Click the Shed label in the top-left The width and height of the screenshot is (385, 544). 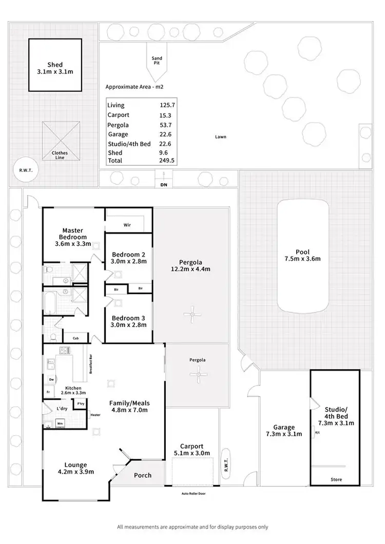point(55,65)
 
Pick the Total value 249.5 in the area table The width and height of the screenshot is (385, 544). point(167,161)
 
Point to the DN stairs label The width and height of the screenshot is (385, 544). point(164,184)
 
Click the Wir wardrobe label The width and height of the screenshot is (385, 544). point(128,224)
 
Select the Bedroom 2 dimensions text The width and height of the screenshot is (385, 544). point(128,261)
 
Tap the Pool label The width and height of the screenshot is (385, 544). point(302,251)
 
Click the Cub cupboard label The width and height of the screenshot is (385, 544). point(75,338)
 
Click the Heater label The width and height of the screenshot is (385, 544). point(94,415)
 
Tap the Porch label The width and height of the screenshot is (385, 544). point(142,475)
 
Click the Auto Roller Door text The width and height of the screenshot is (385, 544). point(192,493)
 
